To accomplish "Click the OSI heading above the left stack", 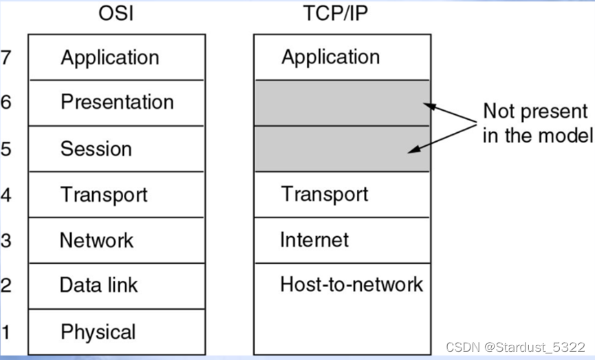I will (116, 14).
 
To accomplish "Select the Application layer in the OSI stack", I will (110, 57).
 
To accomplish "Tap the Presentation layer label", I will (117, 103).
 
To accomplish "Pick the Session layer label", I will (96, 149).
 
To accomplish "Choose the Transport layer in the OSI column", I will (104, 195).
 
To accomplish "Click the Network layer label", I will (96, 240).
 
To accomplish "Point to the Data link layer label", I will (98, 285).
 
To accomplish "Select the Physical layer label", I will (98, 332).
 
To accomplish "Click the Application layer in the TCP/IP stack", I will (330, 57).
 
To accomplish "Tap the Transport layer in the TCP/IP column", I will (325, 194).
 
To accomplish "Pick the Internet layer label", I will (314, 240).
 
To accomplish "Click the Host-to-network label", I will (351, 284).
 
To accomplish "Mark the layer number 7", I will (6, 57).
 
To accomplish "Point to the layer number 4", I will (6, 195).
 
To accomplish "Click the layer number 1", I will (6, 332).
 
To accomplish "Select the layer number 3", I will (6, 240).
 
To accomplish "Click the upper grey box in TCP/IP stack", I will (342, 103).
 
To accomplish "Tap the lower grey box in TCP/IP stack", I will (342, 149).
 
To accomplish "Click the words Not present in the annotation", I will (535, 112).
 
